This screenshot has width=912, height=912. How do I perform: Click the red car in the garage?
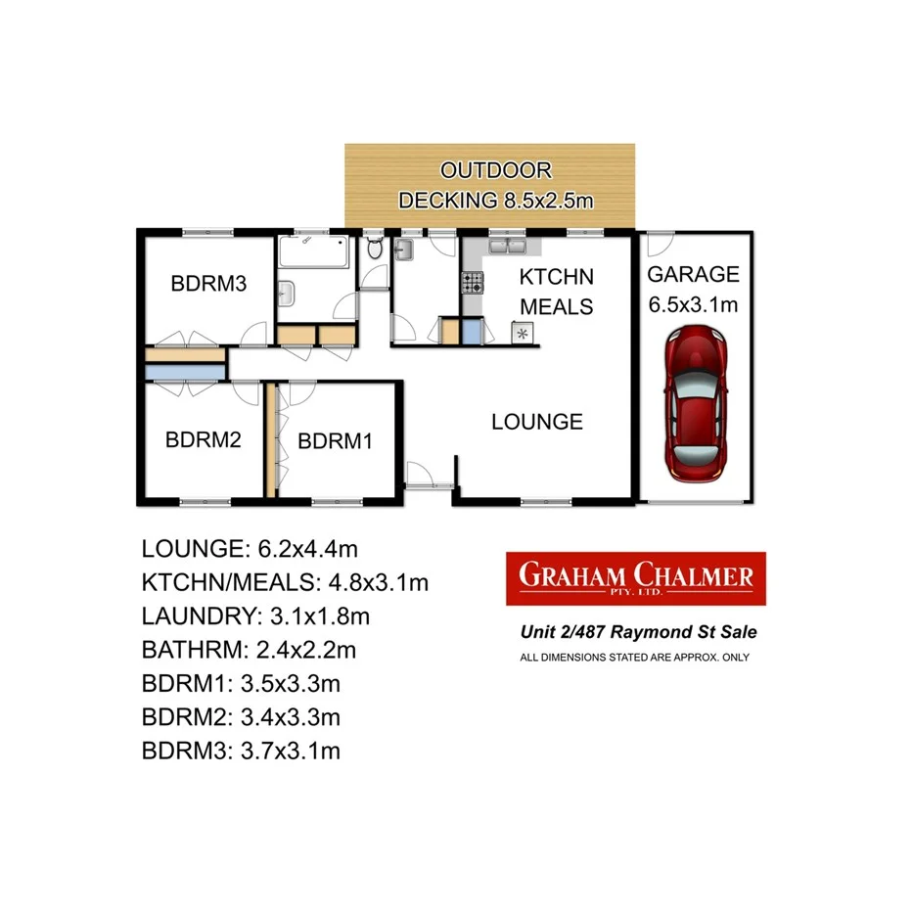pos(696,404)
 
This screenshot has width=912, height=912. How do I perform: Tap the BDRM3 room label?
pos(206,285)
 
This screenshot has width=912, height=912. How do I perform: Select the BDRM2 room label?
pos(203,440)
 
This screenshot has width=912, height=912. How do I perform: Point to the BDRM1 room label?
pos(336,441)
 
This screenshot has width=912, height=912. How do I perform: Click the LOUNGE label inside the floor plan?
pos(536,422)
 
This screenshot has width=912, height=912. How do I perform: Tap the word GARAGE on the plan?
pos(693,275)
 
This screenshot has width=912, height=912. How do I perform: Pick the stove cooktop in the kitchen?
pos(473,284)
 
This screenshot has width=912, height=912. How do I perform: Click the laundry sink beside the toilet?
pos(408,252)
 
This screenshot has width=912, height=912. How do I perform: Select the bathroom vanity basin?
pos(289,292)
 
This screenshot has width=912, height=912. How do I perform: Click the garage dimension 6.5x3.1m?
pos(693,305)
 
